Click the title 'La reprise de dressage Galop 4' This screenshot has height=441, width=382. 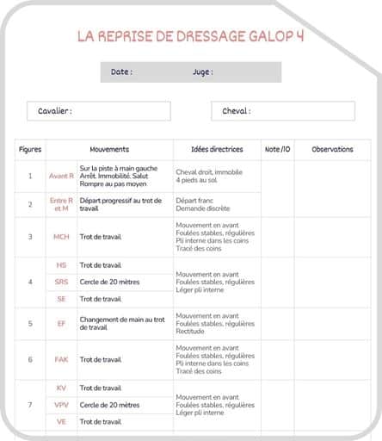pyautogui.click(x=190, y=36)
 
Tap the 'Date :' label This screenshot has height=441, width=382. pyautogui.click(x=121, y=72)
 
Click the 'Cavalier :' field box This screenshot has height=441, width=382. pyautogui.click(x=98, y=111)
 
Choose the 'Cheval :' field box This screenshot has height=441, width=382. pyautogui.click(x=282, y=111)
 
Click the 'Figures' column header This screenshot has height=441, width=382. pyautogui.click(x=30, y=149)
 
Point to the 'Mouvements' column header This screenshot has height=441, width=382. pyautogui.click(x=109, y=149)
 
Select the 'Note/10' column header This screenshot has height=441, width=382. pyautogui.click(x=278, y=149)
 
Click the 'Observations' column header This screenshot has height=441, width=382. pyautogui.click(x=332, y=149)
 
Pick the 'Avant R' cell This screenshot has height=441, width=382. pyautogui.click(x=61, y=176)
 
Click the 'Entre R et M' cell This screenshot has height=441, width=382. pyautogui.click(x=61, y=204)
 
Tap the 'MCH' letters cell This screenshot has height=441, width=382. pyautogui.click(x=61, y=236)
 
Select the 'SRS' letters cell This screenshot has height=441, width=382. pyautogui.click(x=61, y=282)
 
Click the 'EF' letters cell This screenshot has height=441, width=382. pyautogui.click(x=61, y=323)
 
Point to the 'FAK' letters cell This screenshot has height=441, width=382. pyautogui.click(x=61, y=359)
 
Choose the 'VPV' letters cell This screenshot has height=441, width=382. pyautogui.click(x=61, y=405)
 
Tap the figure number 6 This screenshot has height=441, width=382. pyautogui.click(x=30, y=359)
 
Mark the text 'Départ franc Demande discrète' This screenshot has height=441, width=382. pyautogui.click(x=202, y=204)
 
